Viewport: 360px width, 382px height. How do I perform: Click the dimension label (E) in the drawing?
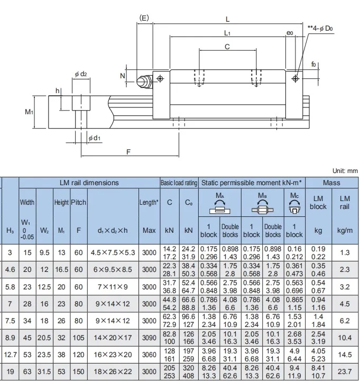click(144, 18)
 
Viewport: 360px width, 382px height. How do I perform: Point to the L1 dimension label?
click(227, 33)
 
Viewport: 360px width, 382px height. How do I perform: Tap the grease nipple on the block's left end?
click(144, 81)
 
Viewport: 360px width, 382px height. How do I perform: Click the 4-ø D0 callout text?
click(320, 29)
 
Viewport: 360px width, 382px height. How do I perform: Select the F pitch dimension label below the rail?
click(128, 152)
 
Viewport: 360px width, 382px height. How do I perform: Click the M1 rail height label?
click(29, 112)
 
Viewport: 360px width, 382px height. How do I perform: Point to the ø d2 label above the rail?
click(81, 74)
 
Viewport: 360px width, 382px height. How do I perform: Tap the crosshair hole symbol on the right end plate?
click(296, 78)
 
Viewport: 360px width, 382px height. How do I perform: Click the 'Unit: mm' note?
click(345, 171)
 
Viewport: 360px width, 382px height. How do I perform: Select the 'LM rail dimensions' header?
click(89, 183)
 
